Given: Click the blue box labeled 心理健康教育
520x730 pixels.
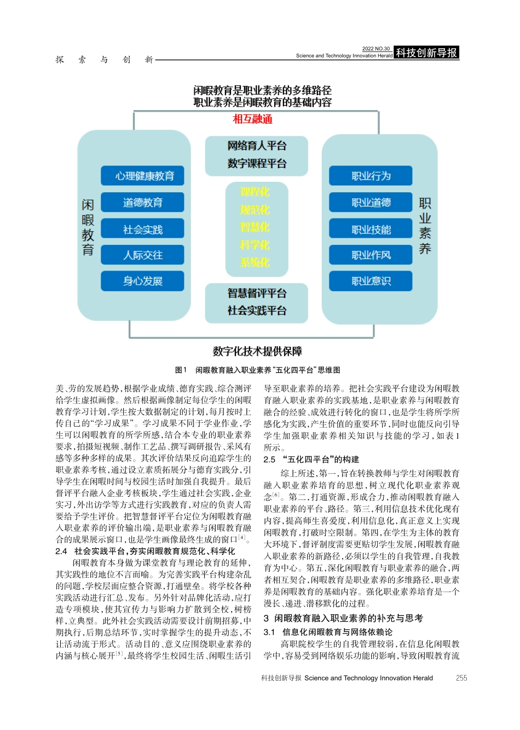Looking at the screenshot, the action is pos(142,176).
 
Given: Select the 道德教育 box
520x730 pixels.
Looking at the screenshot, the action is pos(142,203).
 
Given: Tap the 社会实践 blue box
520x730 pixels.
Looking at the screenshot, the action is pos(142,229).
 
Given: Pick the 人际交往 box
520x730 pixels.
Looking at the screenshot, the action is pos(142,255).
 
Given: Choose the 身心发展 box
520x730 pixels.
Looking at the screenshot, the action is pos(142,281).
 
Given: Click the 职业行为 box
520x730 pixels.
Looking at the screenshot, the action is pos(371,176).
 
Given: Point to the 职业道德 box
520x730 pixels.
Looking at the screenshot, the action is pos(371,203).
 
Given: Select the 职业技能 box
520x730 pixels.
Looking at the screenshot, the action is pos(371,229).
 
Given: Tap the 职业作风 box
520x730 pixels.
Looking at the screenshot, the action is pos(371,255).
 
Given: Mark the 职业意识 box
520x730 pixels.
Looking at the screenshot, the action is pos(371,281).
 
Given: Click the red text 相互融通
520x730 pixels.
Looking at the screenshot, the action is pos(252,119).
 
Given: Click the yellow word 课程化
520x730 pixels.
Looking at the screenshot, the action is pos(255,192).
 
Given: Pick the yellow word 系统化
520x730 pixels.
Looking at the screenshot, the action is pos(255,262).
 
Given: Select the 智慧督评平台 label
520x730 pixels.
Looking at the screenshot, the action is pos(257,294).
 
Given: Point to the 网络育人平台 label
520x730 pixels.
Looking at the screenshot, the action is pos(257,146).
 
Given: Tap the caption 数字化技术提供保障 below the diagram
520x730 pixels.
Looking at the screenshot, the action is pos(257,351).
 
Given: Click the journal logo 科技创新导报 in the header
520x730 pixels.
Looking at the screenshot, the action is pos(426,53).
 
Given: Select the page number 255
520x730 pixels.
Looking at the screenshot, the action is pos(461,678).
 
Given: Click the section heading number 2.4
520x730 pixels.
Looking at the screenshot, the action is pos(61,551).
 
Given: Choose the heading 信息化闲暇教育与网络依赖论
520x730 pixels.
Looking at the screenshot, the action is pos(337,632).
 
